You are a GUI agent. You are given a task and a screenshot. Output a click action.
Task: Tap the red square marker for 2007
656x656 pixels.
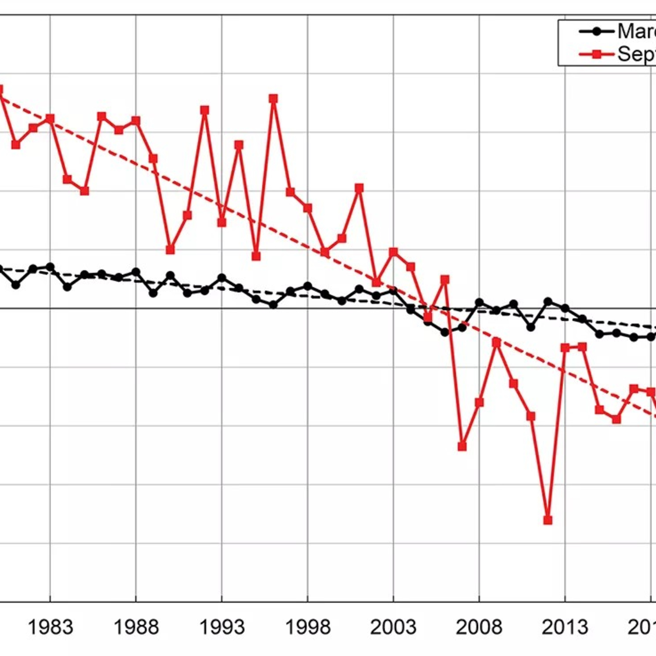(462, 447)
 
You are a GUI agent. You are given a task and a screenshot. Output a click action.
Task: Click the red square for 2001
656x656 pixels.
(359, 188)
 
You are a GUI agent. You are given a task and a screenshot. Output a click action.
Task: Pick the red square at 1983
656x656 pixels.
(50, 119)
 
